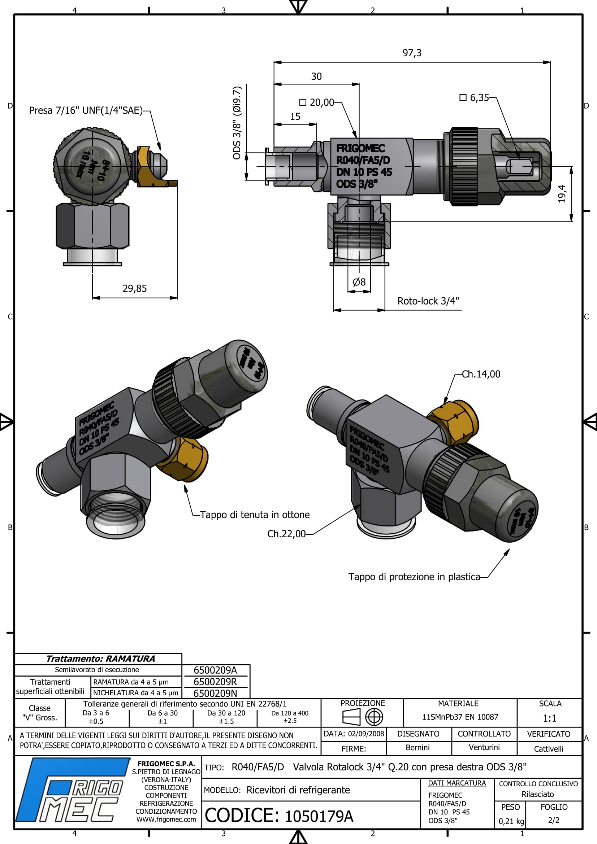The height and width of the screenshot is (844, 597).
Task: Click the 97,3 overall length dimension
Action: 412,53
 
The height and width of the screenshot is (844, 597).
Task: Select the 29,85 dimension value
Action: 135,289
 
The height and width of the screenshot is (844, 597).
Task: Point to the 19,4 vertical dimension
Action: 562,194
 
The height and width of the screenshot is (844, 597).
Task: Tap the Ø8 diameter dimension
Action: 359,282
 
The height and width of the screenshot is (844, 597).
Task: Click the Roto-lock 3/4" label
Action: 428,301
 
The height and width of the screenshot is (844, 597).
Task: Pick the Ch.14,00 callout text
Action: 481,374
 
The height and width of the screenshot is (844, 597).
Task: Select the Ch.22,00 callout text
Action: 286,534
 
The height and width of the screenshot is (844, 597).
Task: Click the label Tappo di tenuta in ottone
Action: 255,515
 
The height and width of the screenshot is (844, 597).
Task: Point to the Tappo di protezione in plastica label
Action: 414,577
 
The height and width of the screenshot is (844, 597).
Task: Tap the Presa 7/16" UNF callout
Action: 86,111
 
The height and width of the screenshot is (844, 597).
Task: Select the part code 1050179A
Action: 319,817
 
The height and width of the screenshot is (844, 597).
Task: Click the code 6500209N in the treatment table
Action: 215,693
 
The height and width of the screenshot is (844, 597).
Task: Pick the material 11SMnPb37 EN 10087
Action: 460,717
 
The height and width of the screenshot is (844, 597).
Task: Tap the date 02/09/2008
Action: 366,734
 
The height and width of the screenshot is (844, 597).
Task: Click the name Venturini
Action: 484,748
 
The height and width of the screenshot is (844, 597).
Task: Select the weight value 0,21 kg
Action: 511,821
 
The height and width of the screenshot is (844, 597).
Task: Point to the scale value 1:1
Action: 550,718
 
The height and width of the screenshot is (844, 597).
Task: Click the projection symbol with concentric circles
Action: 374,717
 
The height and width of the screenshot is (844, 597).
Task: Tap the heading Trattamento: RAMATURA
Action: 100,659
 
